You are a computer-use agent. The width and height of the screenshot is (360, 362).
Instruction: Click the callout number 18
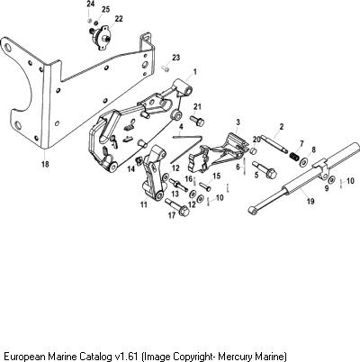click(45, 164)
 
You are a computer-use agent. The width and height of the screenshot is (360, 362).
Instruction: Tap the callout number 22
click(119, 19)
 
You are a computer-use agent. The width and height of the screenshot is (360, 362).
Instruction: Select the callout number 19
click(310, 201)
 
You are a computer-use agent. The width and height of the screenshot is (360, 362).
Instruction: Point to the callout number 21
click(197, 106)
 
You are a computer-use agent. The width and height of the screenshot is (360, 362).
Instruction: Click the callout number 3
click(238, 122)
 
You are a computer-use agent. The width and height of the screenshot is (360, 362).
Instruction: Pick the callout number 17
click(172, 215)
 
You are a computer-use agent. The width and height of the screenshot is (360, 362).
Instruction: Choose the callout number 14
click(131, 169)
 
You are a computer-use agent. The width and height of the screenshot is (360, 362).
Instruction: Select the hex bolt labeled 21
click(197, 121)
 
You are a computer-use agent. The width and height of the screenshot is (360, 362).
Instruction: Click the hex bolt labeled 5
click(265, 170)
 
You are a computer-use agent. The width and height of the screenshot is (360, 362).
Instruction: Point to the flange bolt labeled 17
click(177, 207)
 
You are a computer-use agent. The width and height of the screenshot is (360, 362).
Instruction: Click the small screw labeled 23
click(166, 68)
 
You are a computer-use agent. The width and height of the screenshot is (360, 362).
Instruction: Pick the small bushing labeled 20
click(254, 149)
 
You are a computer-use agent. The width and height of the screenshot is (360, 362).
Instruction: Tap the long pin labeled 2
click(274, 144)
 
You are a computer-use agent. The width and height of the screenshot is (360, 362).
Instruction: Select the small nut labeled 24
click(89, 20)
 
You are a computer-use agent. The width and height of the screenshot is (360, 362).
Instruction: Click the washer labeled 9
click(331, 180)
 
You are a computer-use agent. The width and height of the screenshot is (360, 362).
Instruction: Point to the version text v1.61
click(126, 357)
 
